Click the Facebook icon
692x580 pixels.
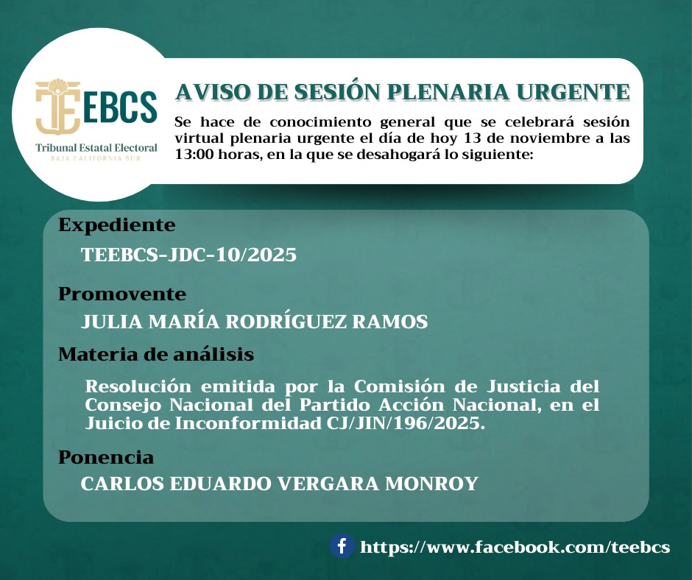(x=342, y=546)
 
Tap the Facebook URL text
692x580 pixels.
(x=515, y=548)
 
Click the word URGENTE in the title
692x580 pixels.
(x=573, y=92)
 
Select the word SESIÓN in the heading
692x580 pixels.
(x=337, y=91)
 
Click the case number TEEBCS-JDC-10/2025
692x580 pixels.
(x=188, y=255)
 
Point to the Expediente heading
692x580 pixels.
(x=117, y=225)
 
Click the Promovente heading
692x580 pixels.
(x=122, y=294)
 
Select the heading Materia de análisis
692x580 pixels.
(x=156, y=354)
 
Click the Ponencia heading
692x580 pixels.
(x=106, y=457)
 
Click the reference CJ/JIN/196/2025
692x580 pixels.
(x=406, y=423)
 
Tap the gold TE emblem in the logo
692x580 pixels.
(x=58, y=107)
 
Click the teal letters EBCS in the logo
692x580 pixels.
(x=120, y=107)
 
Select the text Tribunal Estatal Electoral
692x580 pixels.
(x=96, y=148)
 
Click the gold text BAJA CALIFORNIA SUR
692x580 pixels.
(x=96, y=158)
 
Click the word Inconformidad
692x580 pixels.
(x=248, y=423)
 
